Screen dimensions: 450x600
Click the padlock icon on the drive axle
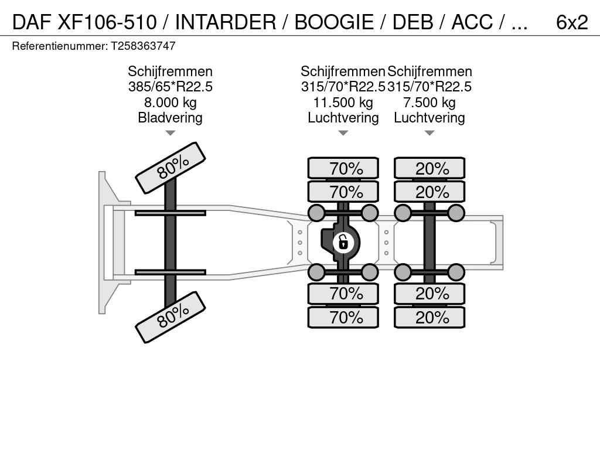point(343,241)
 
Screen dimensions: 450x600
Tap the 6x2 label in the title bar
point(571,22)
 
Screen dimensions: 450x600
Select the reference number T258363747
point(143,46)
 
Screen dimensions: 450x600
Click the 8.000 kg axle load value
point(170,103)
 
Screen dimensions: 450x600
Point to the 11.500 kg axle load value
point(343,103)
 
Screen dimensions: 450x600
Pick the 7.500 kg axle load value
point(429,103)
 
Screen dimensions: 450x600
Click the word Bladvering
point(170,118)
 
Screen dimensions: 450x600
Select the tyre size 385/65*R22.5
point(170,87)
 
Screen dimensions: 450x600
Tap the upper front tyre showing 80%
point(171,168)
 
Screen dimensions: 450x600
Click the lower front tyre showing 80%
point(171,317)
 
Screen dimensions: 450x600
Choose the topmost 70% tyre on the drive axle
point(343,169)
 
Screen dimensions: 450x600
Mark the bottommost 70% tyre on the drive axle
point(343,318)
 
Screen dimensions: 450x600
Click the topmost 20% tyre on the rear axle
point(429,169)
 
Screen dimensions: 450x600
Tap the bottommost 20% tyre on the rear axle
point(429,318)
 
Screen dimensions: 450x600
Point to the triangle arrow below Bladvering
point(170,133)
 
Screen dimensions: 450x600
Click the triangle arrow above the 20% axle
point(429,133)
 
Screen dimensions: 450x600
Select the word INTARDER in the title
point(225,22)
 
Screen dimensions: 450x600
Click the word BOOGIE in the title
point(333,22)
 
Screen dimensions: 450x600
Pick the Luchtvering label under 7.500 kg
point(429,118)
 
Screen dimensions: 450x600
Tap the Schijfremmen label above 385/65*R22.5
point(170,71)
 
